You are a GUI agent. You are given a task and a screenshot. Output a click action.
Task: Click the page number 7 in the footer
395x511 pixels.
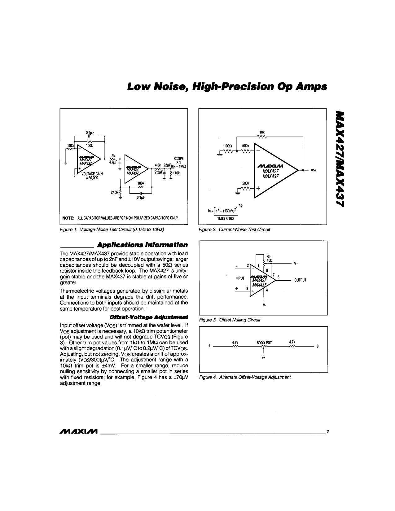(328, 431)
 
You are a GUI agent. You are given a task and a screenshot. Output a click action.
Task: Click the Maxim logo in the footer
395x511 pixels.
(79, 431)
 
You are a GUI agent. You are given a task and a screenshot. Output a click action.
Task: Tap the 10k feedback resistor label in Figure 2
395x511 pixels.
(262, 132)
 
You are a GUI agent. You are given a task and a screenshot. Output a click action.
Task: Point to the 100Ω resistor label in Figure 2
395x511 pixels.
(227, 146)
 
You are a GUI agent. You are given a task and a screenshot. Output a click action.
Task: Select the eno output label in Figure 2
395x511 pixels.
(313, 170)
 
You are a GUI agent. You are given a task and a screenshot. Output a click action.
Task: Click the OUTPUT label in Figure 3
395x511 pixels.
(300, 280)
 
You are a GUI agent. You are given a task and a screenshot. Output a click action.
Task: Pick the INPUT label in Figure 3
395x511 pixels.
(240, 278)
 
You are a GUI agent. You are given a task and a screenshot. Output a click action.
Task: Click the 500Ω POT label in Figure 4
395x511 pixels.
(264, 343)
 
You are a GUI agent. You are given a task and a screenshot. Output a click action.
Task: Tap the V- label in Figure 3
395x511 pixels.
(265, 305)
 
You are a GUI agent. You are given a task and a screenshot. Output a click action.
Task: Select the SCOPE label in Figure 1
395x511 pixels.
(178, 159)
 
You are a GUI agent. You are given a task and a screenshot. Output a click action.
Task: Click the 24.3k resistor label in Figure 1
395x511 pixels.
(115, 192)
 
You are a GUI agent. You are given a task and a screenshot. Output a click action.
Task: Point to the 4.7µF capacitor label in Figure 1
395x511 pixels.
(113, 162)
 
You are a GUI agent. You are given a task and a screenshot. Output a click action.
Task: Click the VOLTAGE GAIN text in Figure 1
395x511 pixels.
(92, 174)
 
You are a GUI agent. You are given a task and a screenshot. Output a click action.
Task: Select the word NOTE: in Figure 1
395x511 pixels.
(68, 218)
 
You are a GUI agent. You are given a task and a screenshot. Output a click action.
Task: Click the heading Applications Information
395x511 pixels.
(142, 245)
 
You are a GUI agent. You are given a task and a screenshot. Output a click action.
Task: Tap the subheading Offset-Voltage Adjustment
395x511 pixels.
(149, 317)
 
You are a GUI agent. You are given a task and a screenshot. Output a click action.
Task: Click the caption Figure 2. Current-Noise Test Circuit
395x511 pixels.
(234, 229)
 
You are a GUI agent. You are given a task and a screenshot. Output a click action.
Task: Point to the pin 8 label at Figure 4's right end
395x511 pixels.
(318, 346)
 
